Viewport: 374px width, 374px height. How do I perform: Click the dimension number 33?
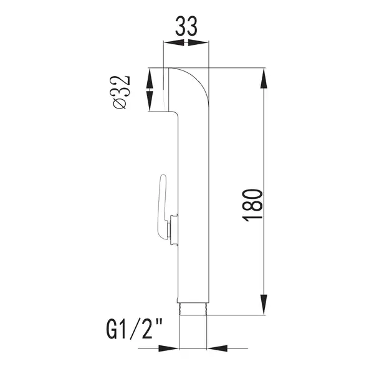pos(186,26)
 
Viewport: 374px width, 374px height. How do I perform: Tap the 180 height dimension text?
pos(252,206)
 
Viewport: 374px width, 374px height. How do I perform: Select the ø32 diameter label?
pos(122,92)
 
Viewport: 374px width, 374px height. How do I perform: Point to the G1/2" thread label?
pos(135,329)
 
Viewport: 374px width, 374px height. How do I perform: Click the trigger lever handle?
pos(161,206)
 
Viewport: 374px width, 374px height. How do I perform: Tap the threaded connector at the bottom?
pos(193,309)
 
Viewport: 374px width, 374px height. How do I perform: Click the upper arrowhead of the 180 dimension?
pos(264,79)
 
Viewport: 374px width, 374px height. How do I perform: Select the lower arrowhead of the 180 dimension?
pos(264,304)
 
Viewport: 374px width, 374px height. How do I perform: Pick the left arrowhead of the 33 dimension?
pos(174,42)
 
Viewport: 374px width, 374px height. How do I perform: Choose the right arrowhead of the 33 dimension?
pos(198,42)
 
